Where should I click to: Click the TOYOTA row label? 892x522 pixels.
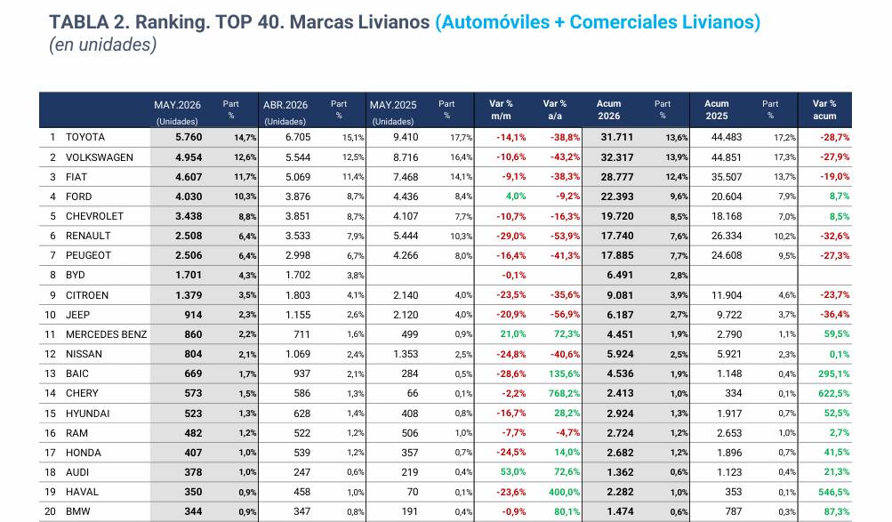[x=85, y=137]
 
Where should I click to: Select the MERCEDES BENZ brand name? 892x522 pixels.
[x=107, y=334]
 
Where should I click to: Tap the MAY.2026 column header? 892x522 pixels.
[x=177, y=105]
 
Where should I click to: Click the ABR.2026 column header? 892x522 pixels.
[x=285, y=105]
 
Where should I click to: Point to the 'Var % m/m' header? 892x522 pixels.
[x=501, y=109]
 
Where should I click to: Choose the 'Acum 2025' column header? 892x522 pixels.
[x=716, y=109]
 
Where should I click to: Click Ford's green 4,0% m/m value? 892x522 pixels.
[x=516, y=197]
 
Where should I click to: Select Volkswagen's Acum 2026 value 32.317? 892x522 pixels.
[x=616, y=157]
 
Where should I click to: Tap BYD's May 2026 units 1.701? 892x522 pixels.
[x=189, y=275]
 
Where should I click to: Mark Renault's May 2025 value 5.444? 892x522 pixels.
[x=406, y=236]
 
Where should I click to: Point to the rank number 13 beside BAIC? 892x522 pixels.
[x=50, y=373]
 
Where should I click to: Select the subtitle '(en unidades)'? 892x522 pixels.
[x=102, y=44]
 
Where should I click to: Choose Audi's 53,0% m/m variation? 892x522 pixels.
[x=513, y=472]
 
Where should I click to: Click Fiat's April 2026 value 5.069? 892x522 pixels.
[x=298, y=177]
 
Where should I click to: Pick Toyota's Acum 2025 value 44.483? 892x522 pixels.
[x=726, y=137]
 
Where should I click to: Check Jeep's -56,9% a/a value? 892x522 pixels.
[x=565, y=315]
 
